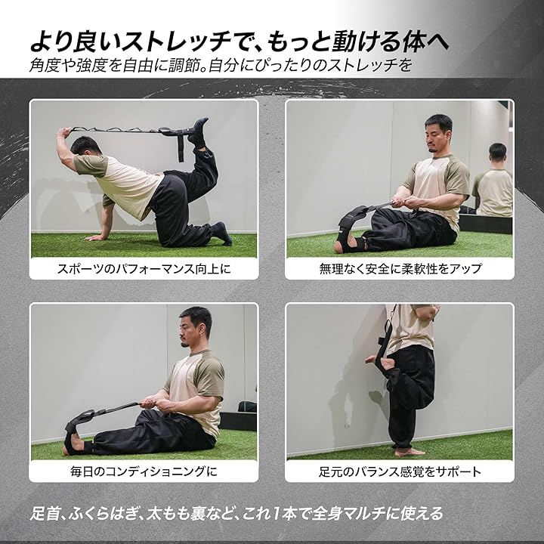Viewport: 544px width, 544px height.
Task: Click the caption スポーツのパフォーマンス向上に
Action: pos(144,269)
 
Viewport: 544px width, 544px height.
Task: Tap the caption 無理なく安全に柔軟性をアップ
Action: pos(400,269)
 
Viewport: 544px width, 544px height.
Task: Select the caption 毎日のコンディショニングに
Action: pos(144,471)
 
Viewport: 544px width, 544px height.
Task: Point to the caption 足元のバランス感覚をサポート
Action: pos(400,471)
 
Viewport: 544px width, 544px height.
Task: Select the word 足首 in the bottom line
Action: pos(45,514)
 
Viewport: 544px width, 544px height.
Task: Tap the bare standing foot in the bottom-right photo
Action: pos(410,451)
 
